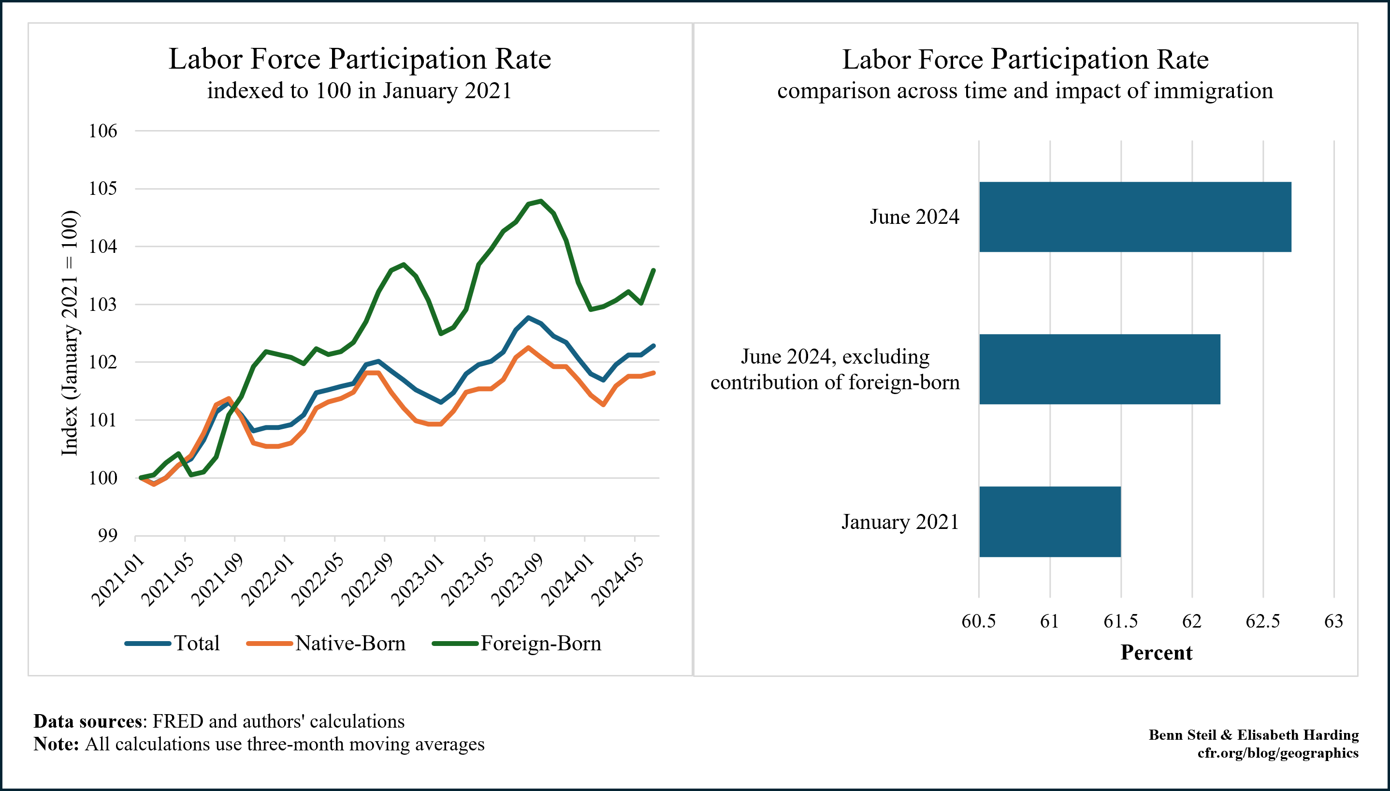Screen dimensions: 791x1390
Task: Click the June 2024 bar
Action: click(x=1135, y=217)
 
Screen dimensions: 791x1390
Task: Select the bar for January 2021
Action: click(x=1050, y=522)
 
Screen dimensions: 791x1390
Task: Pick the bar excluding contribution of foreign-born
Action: click(x=1100, y=369)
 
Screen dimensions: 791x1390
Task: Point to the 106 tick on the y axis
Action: click(x=103, y=131)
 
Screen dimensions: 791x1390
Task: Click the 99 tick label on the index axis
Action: click(x=107, y=536)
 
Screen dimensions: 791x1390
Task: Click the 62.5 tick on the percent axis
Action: click(x=1262, y=621)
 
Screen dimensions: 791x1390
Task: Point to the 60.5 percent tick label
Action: click(x=978, y=621)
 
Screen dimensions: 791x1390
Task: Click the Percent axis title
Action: click(x=1156, y=652)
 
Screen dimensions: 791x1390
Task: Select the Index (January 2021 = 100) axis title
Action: click(x=70, y=333)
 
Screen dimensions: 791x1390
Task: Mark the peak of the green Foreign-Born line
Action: click(x=540, y=201)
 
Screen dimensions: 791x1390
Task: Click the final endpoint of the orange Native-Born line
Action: click(x=654, y=373)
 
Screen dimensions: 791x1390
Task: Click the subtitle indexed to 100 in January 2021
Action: click(x=360, y=91)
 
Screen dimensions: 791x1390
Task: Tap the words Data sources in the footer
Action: click(x=87, y=721)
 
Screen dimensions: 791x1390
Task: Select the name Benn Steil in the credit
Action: click(x=1182, y=735)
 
